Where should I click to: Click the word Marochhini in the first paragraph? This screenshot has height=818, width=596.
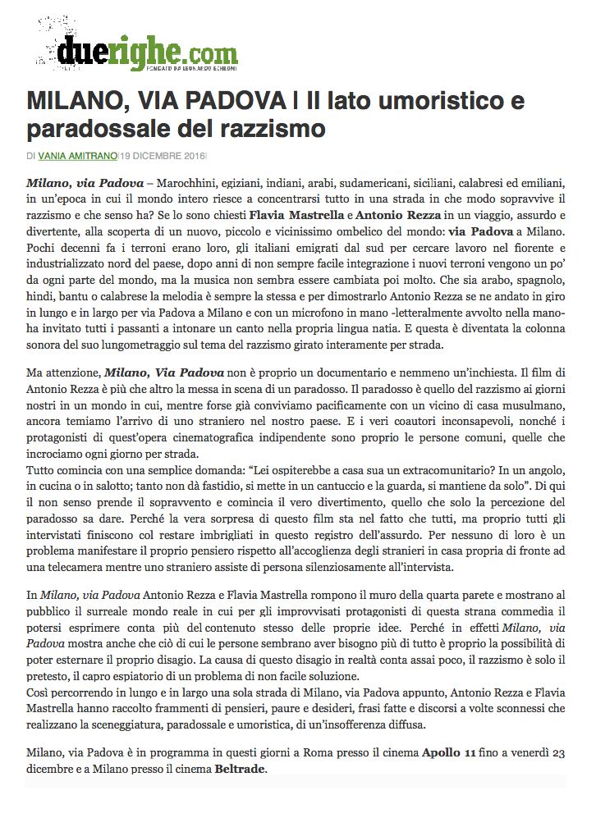point(190,180)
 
